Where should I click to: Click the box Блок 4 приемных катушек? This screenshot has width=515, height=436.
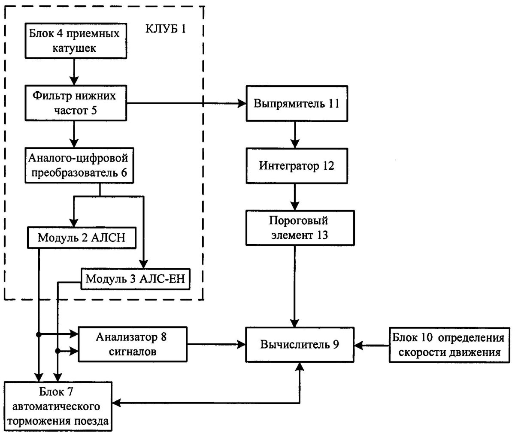[x=74, y=42]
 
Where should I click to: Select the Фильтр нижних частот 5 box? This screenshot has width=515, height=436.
[x=74, y=103]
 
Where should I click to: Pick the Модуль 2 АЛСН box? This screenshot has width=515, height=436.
[x=82, y=238]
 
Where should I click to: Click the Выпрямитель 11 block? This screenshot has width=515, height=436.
[x=297, y=103]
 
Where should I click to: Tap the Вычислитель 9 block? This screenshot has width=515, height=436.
[x=299, y=344]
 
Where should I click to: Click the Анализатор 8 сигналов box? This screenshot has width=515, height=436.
[x=131, y=344]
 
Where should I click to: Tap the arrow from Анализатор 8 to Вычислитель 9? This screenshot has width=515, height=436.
[x=215, y=344]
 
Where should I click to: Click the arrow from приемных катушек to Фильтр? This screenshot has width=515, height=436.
[x=74, y=71]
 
